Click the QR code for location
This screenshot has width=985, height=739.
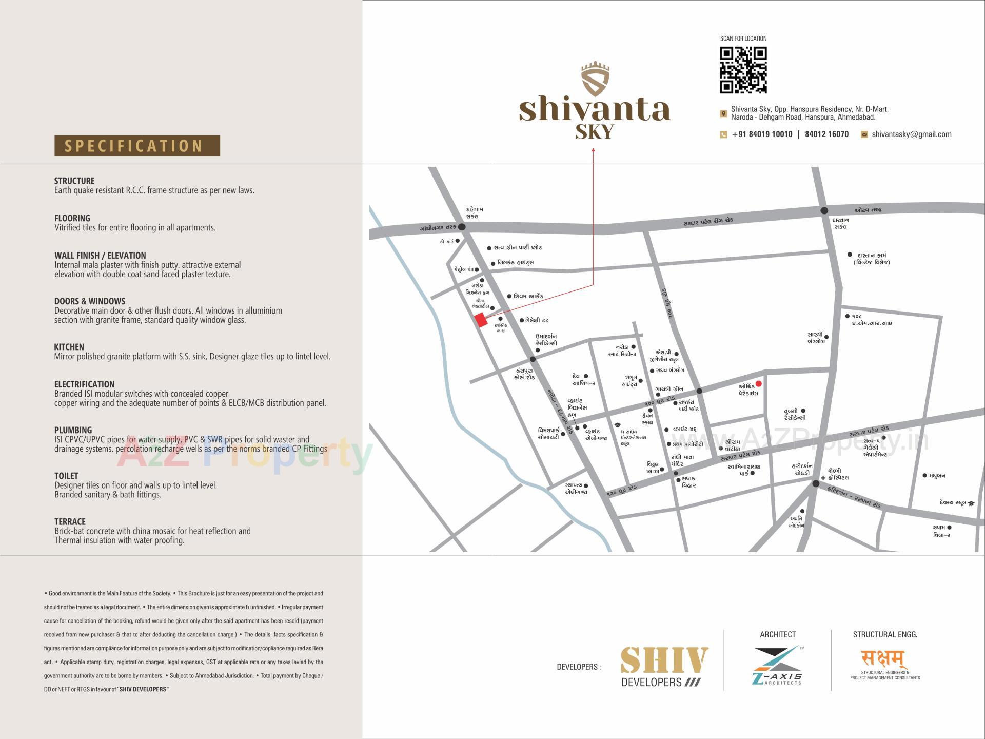coord(743,70)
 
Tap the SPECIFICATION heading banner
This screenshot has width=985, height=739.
coord(137,146)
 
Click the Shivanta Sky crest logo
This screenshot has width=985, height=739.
coord(595,80)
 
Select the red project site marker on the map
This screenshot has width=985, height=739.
coord(481,320)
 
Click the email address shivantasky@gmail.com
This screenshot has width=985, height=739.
coord(911,134)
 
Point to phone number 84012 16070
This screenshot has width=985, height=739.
coord(826,134)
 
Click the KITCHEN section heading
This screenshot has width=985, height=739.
coord(69,347)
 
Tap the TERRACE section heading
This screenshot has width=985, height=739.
coord(70,521)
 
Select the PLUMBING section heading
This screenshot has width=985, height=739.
coord(73,430)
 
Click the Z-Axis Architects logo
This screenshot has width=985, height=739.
coord(777,666)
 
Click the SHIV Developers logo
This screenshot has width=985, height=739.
coord(664,666)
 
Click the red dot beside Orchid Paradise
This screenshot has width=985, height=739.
coord(759,384)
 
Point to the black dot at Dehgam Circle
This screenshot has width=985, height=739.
coord(462,227)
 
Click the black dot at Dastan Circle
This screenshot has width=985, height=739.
coord(824,210)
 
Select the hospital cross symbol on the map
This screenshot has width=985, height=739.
coord(823,478)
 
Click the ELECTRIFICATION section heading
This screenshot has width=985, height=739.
coord(84,384)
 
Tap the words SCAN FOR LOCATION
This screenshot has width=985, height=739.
coord(743,38)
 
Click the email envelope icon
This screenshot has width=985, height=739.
coord(864,134)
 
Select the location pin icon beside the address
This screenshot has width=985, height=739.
coord(723,113)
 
